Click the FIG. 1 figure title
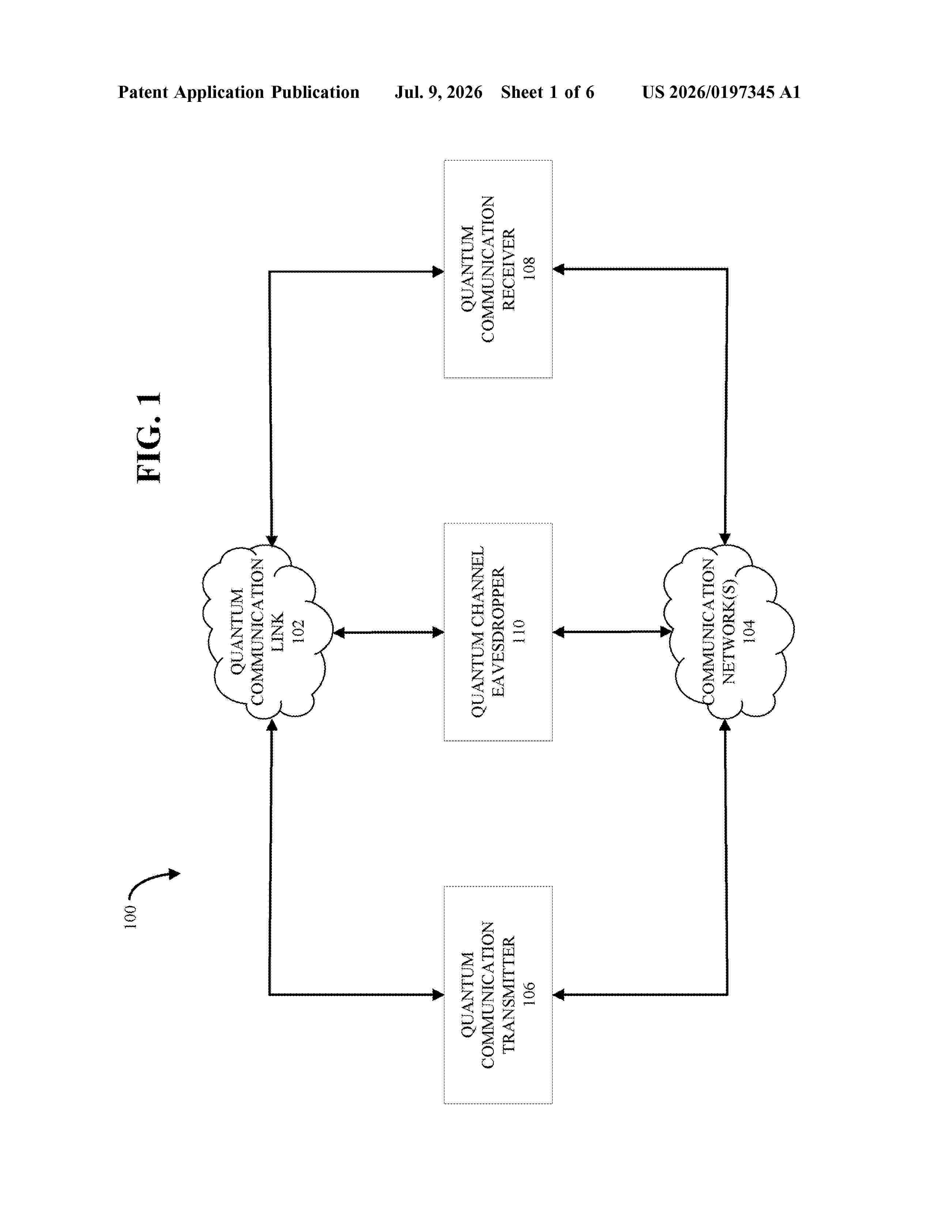click(x=149, y=437)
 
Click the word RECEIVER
click(x=508, y=269)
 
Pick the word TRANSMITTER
click(x=508, y=995)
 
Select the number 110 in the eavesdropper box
click(x=519, y=632)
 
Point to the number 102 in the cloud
click(x=298, y=631)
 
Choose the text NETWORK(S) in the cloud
click(x=729, y=632)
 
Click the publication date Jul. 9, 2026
click(x=438, y=92)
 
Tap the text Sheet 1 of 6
click(x=547, y=92)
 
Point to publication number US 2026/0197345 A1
click(x=721, y=92)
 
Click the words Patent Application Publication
click(x=239, y=92)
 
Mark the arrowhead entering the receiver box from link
click(x=438, y=271)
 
